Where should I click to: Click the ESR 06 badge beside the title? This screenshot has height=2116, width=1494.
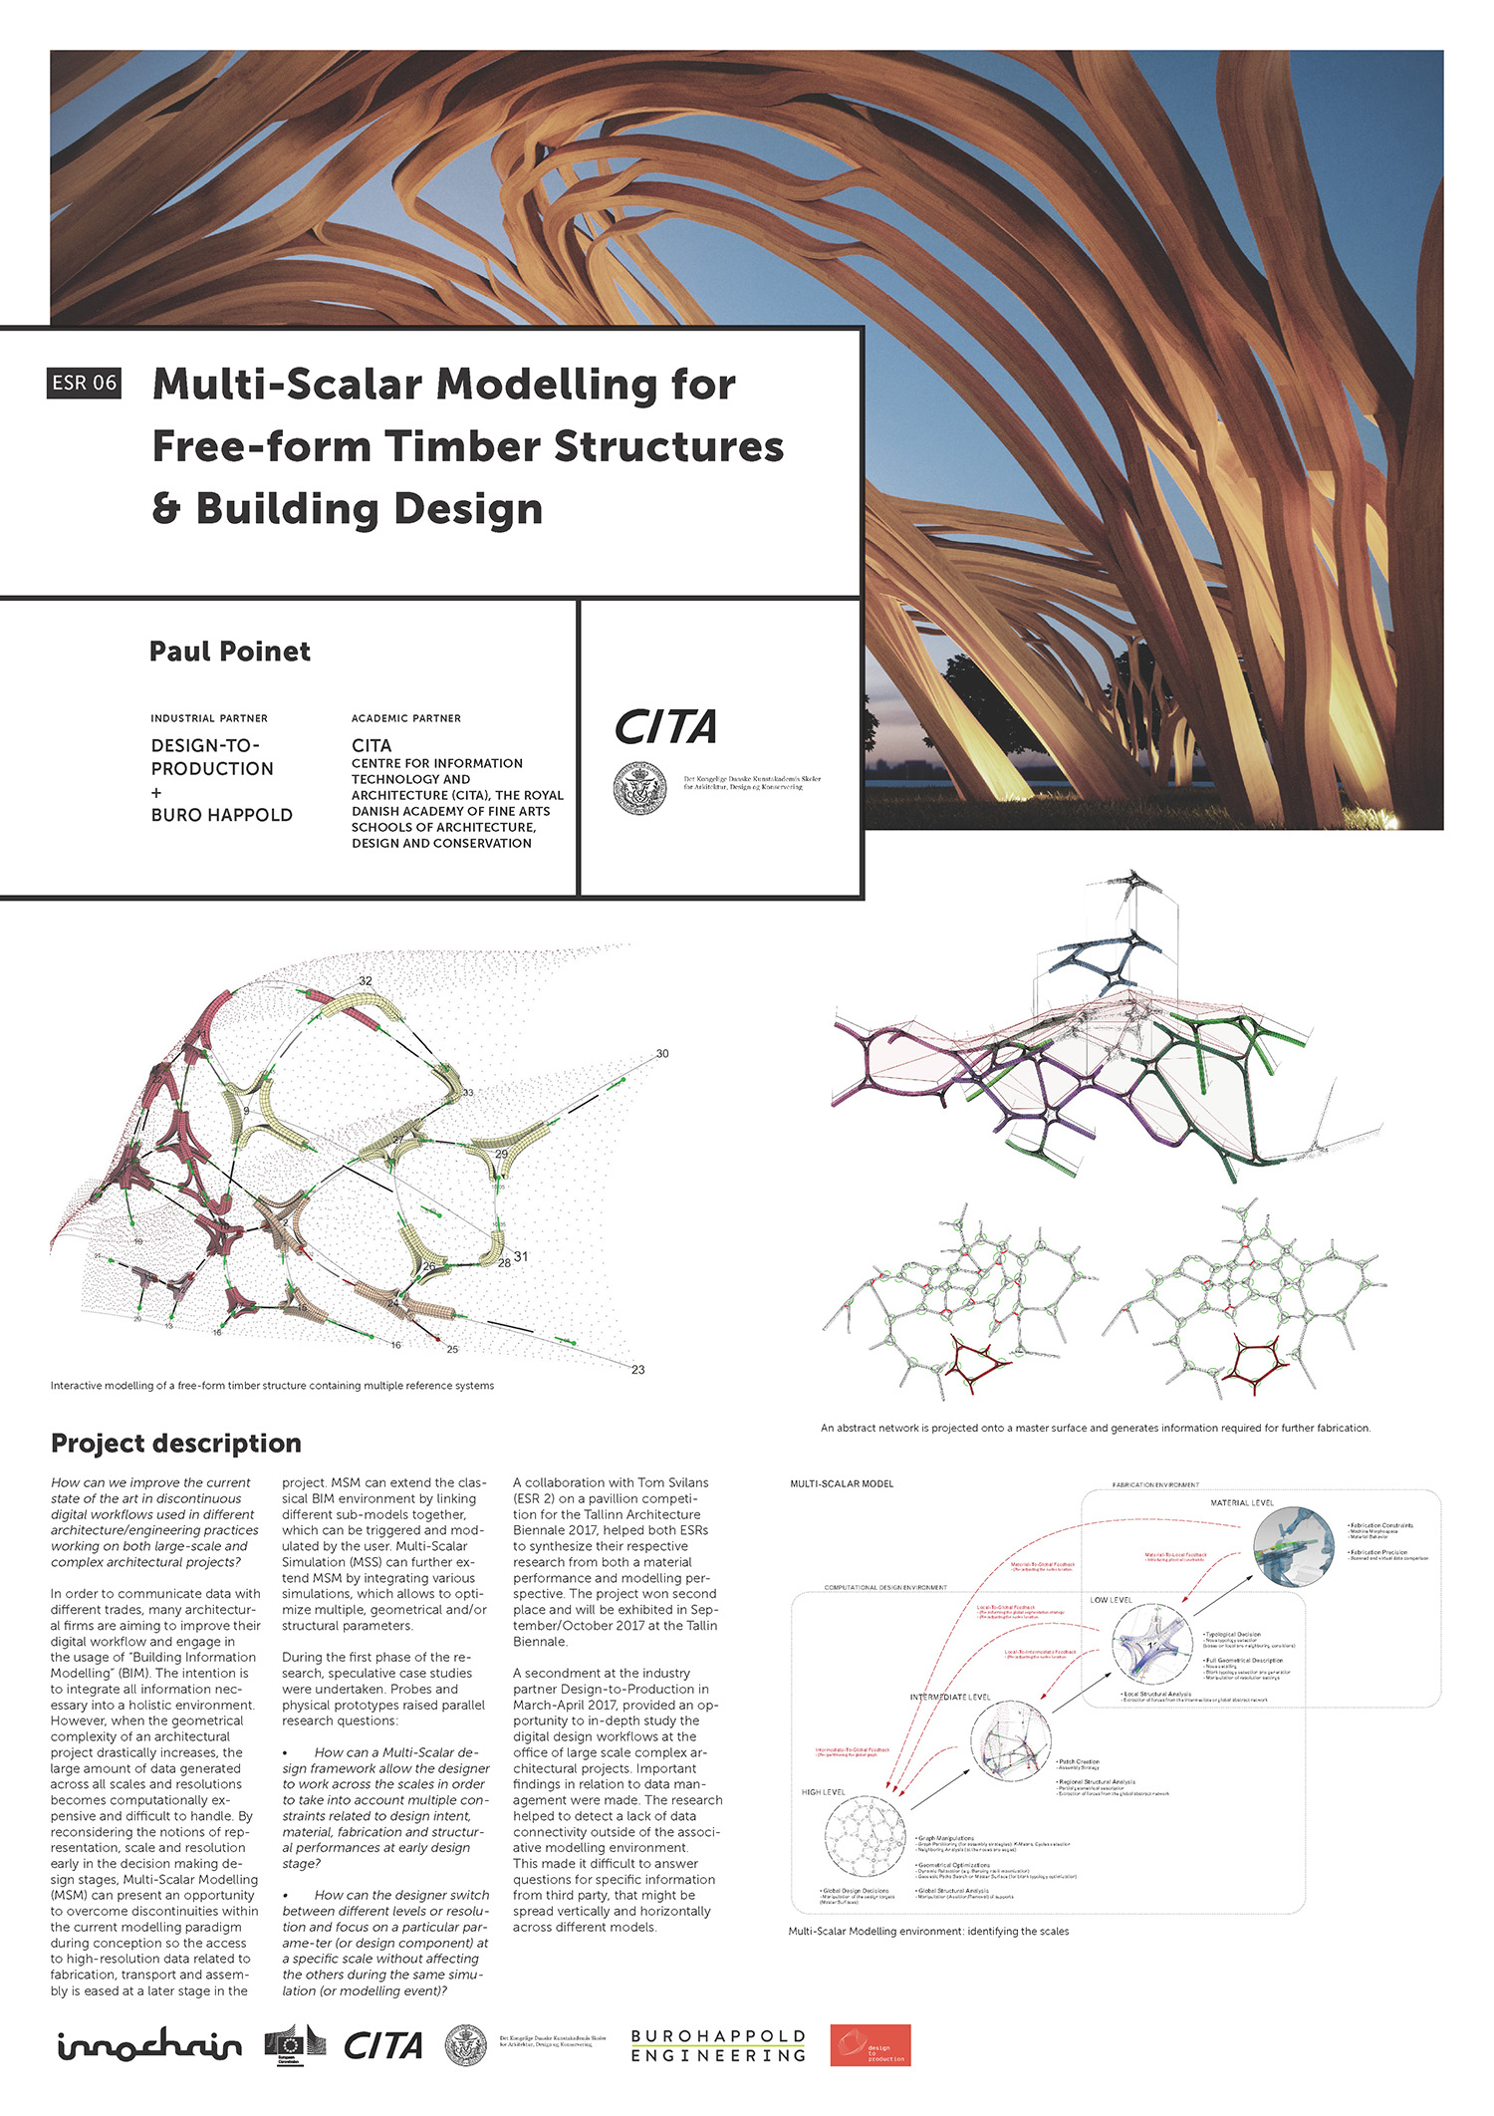point(84,383)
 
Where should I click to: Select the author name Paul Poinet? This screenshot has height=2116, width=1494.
point(229,652)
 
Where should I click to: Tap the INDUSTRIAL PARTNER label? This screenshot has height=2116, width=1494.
point(209,718)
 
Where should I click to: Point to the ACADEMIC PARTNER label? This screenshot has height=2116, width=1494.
point(406,718)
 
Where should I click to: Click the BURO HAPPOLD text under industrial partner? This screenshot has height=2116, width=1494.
point(222,815)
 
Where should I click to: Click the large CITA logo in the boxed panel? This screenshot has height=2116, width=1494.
point(665,727)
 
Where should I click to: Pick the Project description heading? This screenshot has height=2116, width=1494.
point(176,1444)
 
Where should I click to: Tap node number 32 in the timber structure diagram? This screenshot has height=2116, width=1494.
point(366,981)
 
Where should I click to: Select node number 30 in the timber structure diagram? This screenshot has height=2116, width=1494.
point(662,1054)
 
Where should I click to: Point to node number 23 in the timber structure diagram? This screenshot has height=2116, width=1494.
point(638,1370)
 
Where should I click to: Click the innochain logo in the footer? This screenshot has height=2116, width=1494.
point(149,2045)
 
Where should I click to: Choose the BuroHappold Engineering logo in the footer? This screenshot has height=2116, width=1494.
point(718,2046)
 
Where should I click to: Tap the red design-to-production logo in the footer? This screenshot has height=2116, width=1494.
point(871,2045)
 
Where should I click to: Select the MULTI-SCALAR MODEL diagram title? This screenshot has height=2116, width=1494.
point(842,1484)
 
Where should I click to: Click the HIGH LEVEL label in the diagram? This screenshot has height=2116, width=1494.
point(823,1792)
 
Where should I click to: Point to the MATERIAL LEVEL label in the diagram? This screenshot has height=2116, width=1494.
point(1241,1503)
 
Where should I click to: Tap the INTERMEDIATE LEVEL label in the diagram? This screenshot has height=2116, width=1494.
point(949,1697)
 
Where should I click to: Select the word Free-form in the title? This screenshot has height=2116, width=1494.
point(261,446)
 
